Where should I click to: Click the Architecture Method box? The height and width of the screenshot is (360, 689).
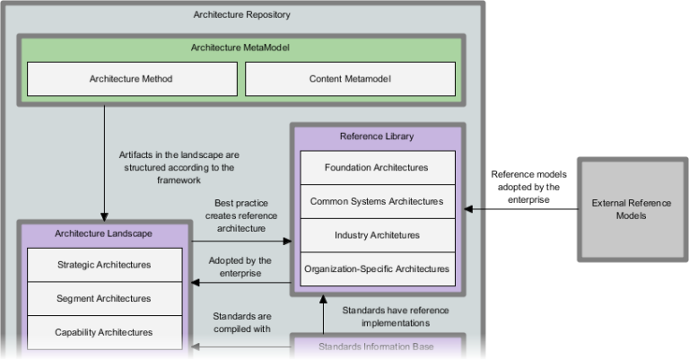(x=131, y=79)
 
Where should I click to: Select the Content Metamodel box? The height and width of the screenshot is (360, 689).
(x=350, y=79)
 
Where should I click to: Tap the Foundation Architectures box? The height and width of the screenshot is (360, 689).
(x=377, y=167)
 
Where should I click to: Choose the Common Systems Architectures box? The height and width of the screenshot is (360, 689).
(x=377, y=201)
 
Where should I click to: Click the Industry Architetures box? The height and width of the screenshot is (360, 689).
(x=377, y=235)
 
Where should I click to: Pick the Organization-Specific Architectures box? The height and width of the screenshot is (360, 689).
(x=377, y=268)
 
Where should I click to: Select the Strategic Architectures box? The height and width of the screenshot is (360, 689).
(x=104, y=265)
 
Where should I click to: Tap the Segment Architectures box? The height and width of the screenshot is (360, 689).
(x=104, y=298)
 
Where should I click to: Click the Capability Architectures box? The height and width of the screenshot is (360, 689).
(x=104, y=332)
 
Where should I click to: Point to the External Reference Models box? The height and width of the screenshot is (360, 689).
(x=632, y=209)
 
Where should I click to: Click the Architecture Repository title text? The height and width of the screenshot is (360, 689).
(x=242, y=15)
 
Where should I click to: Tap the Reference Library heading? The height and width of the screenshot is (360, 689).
(x=377, y=136)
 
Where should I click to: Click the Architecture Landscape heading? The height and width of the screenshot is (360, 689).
(x=103, y=233)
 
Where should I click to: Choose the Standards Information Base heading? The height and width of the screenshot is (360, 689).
(x=376, y=346)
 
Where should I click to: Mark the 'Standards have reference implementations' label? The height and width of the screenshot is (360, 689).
(x=396, y=316)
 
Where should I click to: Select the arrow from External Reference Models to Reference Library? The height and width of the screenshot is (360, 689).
(x=520, y=209)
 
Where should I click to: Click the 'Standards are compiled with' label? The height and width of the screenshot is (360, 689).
(x=241, y=322)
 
